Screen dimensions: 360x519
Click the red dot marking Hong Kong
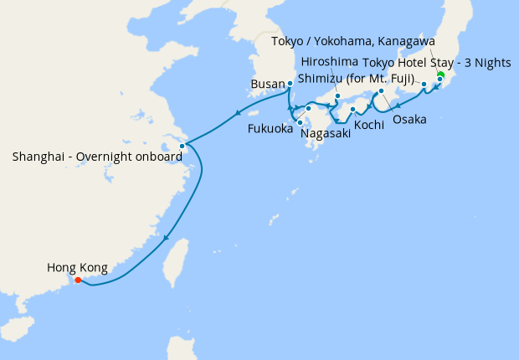[78, 280]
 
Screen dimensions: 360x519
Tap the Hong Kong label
[77, 268]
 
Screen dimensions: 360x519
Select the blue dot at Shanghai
[182, 146]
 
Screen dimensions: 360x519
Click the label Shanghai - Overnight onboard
[97, 156]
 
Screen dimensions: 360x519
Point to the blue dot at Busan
[290, 83]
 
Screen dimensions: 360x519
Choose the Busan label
[268, 84]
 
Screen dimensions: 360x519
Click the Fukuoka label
[270, 129]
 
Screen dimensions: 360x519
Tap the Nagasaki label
[325, 132]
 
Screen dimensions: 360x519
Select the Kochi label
[369, 124]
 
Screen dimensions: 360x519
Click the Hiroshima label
[329, 62]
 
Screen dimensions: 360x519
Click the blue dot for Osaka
[381, 90]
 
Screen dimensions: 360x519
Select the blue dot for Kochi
[352, 109]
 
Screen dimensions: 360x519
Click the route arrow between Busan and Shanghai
[238, 114]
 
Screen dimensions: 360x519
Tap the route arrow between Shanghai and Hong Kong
[167, 238]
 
